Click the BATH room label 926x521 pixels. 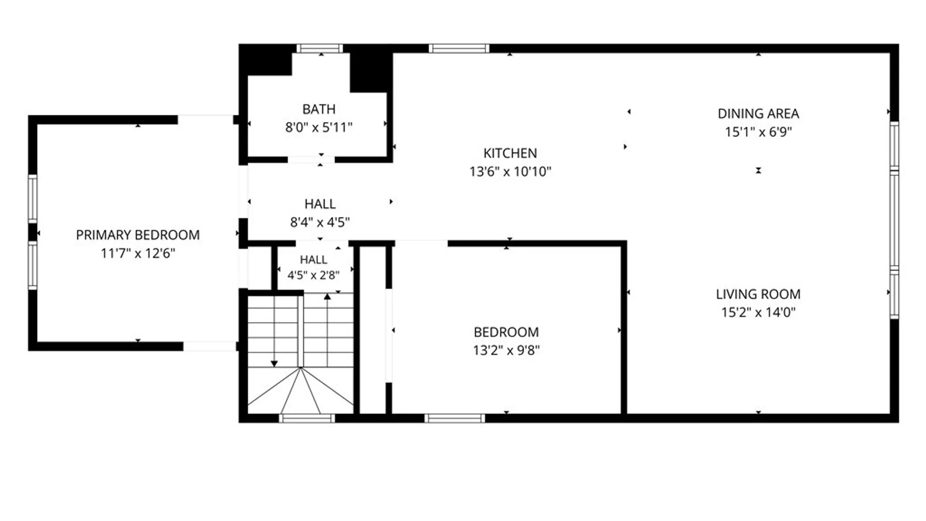point(319,109)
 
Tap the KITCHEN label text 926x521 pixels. point(510,153)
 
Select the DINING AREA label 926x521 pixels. point(758,113)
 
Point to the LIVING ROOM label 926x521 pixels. point(758,294)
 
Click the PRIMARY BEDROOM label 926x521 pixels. point(137,235)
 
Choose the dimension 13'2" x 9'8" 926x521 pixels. point(506,350)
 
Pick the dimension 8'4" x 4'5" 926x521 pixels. point(320,222)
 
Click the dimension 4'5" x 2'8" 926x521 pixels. point(313,275)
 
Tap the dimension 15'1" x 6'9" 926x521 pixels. point(758,132)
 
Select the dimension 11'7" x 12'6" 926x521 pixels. point(137,253)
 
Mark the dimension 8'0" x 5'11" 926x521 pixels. point(319,127)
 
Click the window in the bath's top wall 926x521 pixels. point(320,48)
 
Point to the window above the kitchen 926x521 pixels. point(459,48)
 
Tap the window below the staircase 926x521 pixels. point(307,418)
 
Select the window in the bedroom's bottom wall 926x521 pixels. point(455,418)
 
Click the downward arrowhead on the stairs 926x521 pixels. point(274,364)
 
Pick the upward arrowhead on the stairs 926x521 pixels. point(327,297)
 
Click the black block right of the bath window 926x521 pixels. point(370,71)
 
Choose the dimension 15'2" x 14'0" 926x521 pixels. point(758,312)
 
